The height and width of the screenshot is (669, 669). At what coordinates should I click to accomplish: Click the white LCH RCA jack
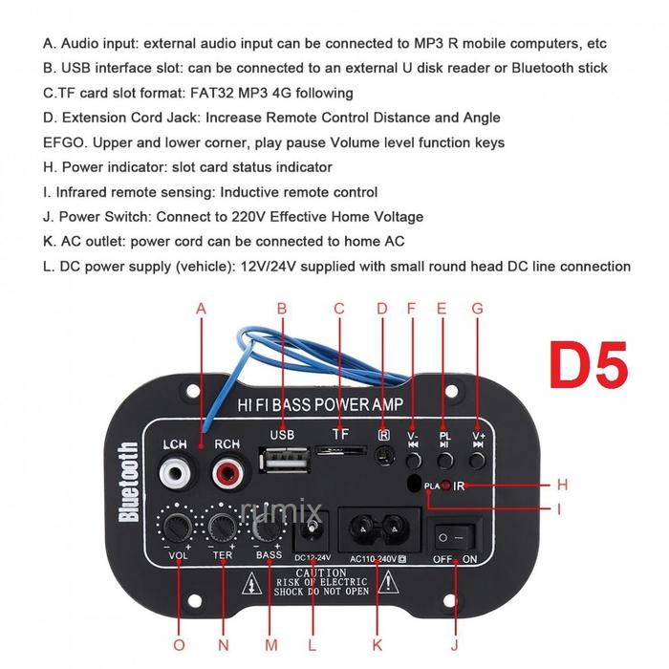point(174,471)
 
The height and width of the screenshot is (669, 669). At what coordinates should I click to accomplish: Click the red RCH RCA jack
point(227,471)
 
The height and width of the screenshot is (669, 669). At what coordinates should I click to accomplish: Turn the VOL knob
point(178,526)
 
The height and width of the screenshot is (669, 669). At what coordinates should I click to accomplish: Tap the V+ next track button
point(478,459)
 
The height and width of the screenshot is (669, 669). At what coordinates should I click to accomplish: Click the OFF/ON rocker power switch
point(456,534)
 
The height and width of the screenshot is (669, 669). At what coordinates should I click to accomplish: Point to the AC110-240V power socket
point(377,529)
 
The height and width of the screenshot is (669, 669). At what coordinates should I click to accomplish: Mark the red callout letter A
point(201,308)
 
